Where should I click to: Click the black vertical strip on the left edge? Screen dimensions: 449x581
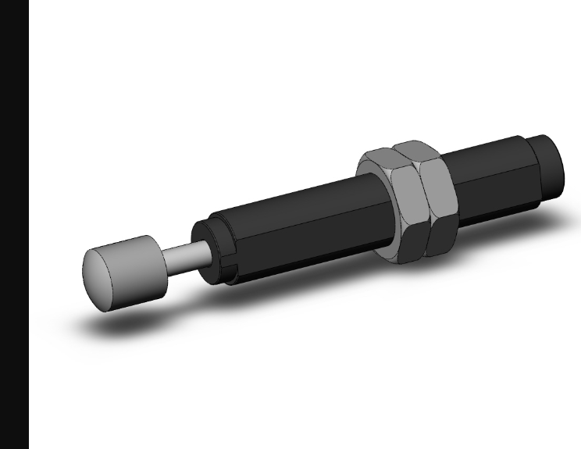(x=14, y=224)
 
